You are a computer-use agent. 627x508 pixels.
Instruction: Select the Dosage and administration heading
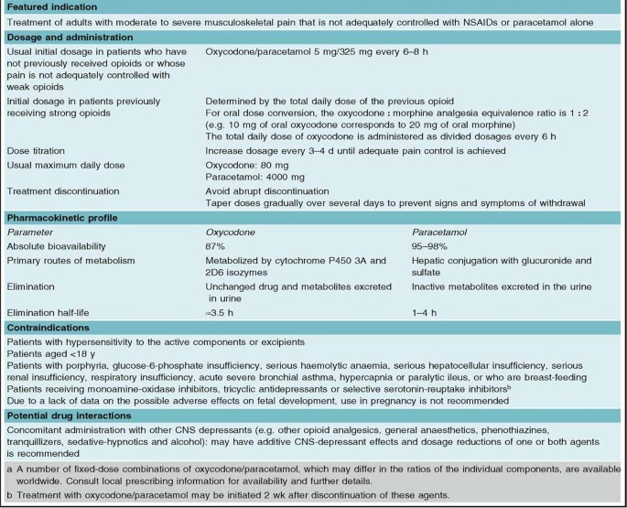tap(69, 38)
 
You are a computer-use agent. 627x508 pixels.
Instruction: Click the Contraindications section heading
tap(51, 325)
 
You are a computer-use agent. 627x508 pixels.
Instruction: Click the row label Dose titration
tap(38, 145)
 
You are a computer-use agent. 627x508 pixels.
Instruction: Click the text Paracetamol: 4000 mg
tap(236, 174)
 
